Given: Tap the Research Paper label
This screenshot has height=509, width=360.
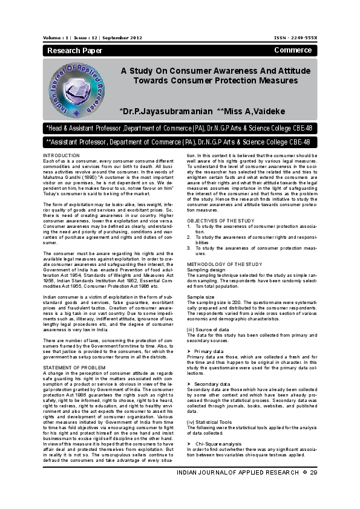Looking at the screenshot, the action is (71, 50).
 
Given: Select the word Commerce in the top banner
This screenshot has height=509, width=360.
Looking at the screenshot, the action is (293, 50).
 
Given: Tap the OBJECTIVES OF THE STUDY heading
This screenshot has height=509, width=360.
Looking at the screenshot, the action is (220, 221).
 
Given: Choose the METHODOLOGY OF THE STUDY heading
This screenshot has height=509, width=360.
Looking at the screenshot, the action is (224, 265).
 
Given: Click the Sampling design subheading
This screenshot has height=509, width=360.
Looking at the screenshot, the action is (206, 270).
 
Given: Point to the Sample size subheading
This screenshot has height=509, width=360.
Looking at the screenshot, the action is (200, 297).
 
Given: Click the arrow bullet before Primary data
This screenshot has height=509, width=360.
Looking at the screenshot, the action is (189, 351).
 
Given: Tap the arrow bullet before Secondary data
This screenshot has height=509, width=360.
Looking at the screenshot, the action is (189, 383).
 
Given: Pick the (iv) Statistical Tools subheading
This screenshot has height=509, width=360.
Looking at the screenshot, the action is (210, 421).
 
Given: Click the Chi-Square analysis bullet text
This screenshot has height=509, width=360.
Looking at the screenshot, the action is (218, 444).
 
